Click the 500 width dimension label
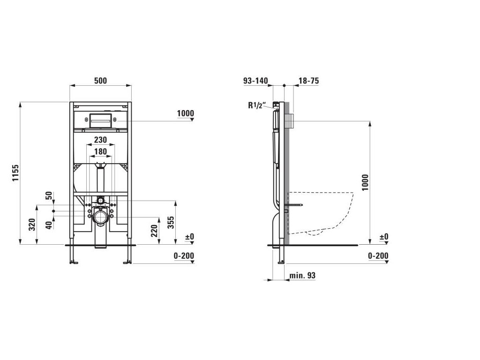(x=100, y=81)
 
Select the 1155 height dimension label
(x=15, y=173)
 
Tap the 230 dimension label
(x=100, y=140)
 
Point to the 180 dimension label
(x=100, y=151)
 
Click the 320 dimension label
(x=32, y=225)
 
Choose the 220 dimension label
(x=154, y=231)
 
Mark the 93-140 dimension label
(x=255, y=81)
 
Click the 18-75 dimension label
(x=308, y=81)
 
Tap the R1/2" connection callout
(x=256, y=105)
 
